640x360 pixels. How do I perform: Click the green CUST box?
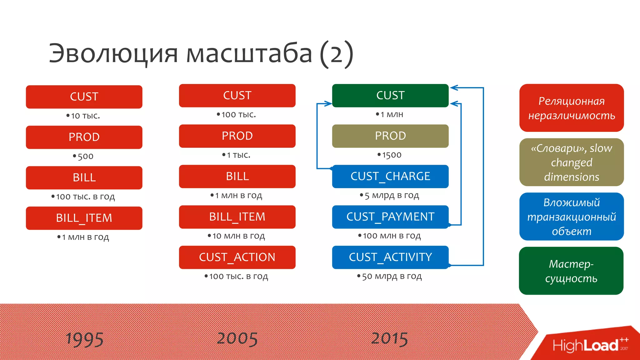point(390,96)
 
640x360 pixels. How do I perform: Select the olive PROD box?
point(390,136)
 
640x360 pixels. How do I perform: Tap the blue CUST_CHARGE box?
point(390,176)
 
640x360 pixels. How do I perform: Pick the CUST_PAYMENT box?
point(390,217)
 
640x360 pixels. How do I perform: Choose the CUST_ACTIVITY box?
point(390,257)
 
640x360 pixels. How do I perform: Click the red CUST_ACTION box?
point(237,257)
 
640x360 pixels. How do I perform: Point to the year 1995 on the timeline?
point(84,339)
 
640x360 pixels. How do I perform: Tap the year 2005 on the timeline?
point(237,339)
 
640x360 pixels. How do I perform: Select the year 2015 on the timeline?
point(389,339)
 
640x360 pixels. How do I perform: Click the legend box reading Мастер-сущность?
point(571,271)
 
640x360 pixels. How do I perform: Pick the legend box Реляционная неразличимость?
point(571,108)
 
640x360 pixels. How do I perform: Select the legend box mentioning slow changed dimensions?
point(571,162)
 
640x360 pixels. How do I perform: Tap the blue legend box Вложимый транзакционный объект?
point(571,217)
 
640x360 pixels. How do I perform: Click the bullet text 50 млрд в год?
point(391,276)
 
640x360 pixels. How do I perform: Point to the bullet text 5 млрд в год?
point(391,196)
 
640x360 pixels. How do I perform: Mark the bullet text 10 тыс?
point(85,116)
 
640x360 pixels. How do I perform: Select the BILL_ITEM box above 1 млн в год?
point(84,218)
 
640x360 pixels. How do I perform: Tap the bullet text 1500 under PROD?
point(391,155)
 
